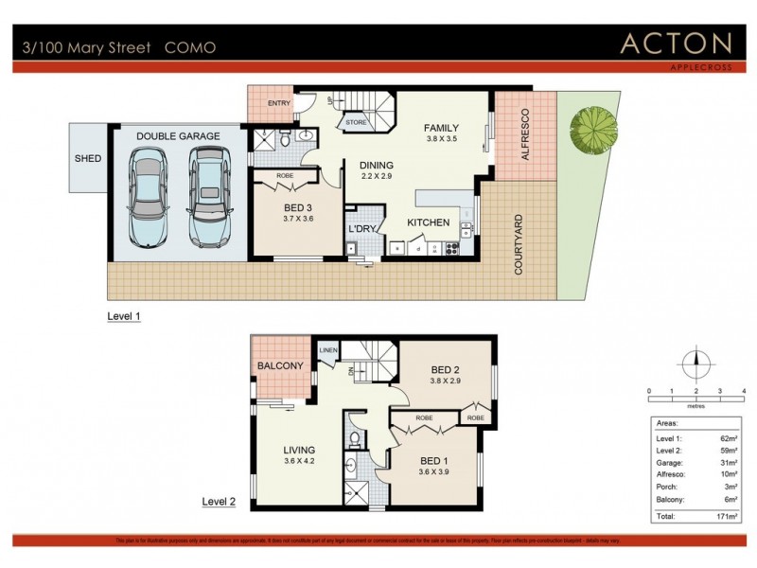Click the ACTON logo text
click(676, 44)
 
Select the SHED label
click(87, 158)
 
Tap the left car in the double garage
click(150, 198)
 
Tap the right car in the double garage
click(209, 198)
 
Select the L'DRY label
click(362, 229)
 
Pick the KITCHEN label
click(429, 222)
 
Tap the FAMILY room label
click(441, 127)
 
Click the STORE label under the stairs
click(356, 122)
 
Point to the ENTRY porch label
click(279, 104)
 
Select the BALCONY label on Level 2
click(280, 365)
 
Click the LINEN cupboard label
click(327, 351)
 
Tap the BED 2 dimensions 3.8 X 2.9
click(444, 382)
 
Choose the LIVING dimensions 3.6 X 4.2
click(300, 462)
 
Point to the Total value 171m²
click(726, 518)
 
